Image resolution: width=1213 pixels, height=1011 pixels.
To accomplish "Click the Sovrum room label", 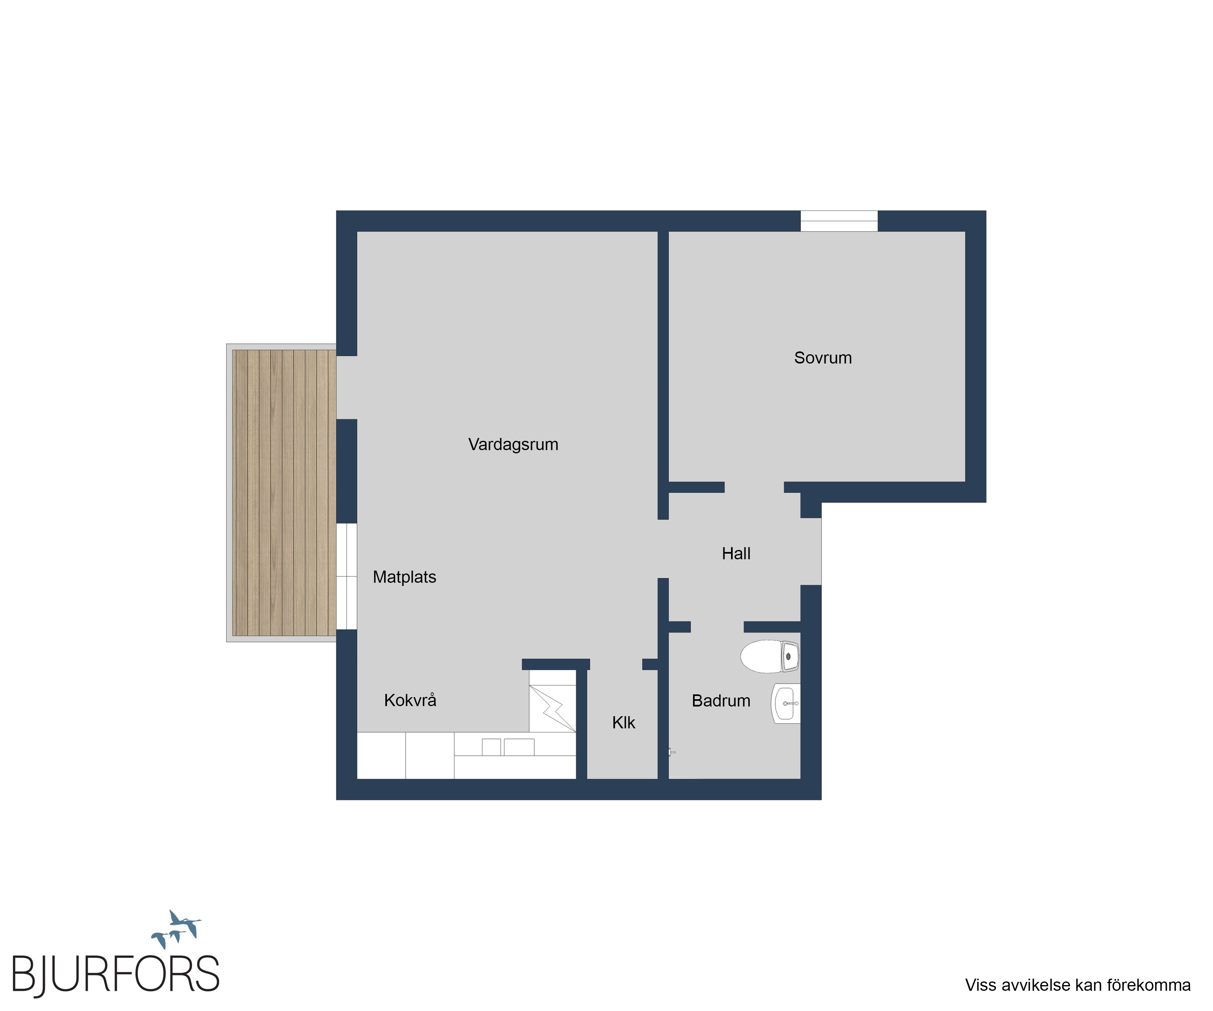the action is (x=822, y=358).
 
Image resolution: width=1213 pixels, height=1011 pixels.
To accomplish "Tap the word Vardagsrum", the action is (x=513, y=445).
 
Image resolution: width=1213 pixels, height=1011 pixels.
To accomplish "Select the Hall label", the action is (x=736, y=554).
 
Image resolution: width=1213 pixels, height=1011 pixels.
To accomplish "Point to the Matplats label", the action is (x=404, y=577).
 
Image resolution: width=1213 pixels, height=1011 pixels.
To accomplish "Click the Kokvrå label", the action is (x=410, y=700).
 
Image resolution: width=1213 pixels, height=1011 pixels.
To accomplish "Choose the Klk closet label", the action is (x=623, y=723).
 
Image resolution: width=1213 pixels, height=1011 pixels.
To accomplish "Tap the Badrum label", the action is (x=721, y=701).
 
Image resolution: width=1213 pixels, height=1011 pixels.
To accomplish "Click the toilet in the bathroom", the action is (x=770, y=656).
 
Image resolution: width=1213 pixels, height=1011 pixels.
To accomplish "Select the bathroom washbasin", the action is (x=786, y=703).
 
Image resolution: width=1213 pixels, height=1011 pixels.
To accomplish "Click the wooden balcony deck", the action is (x=283, y=493).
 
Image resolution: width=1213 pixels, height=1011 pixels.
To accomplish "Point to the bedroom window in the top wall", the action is (x=839, y=221).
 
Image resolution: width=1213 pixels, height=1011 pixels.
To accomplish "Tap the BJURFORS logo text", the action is (x=116, y=975).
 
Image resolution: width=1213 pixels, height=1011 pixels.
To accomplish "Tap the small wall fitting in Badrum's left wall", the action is (x=672, y=752).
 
